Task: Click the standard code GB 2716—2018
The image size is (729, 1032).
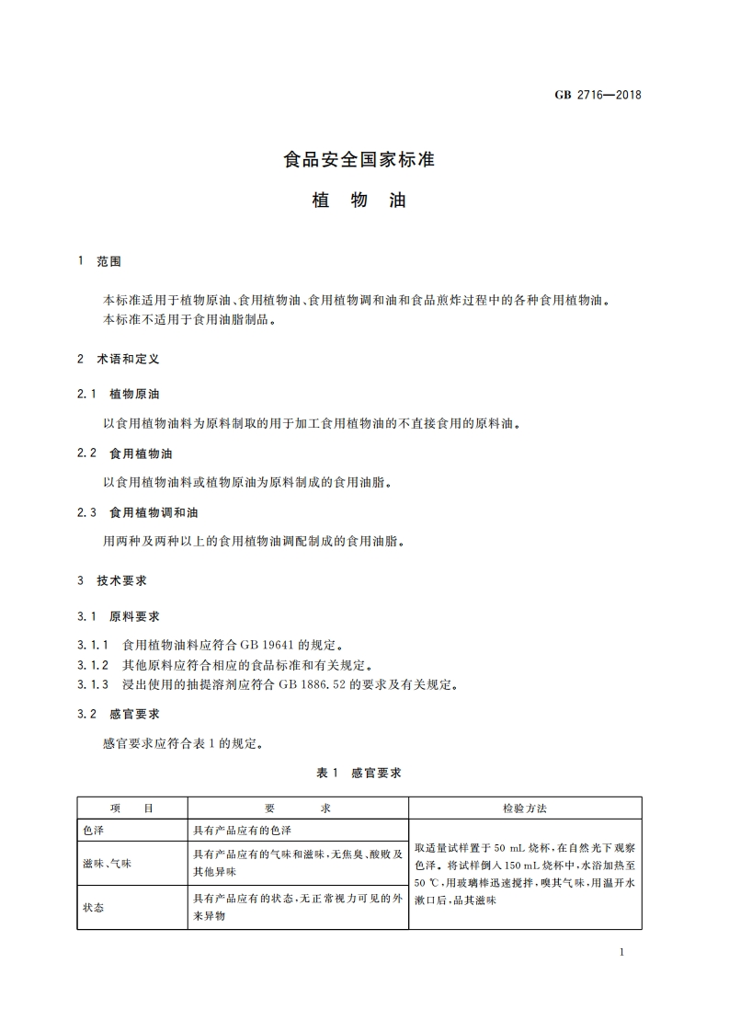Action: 598,95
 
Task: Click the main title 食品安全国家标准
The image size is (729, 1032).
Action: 359,159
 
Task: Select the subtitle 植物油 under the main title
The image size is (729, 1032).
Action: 359,200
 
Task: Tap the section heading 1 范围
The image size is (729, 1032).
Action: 100,262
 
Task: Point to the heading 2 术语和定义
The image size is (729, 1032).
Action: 119,359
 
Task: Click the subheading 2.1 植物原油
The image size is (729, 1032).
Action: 119,394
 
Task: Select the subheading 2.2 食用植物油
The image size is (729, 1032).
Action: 125,453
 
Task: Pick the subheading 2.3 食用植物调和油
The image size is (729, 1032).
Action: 138,511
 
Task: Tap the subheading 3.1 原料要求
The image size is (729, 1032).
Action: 119,615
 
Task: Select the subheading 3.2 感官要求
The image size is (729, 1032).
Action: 119,713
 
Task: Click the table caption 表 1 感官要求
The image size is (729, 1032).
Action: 359,774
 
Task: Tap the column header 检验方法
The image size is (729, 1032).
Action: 525,808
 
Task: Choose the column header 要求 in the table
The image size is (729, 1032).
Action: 297,808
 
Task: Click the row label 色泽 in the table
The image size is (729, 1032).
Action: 93,830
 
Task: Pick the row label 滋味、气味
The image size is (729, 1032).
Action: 107,863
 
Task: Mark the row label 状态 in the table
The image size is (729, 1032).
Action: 93,908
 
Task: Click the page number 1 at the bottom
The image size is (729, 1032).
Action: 622,952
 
